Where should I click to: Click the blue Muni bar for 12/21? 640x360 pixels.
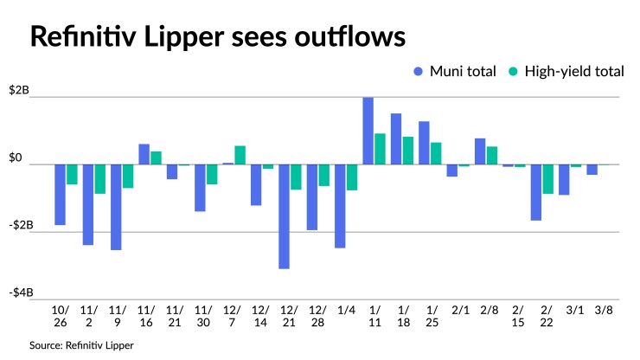284,216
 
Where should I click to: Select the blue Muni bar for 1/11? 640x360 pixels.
368,131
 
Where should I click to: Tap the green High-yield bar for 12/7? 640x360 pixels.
240,155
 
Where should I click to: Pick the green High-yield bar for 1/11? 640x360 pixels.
380,149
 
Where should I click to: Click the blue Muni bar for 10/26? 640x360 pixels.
60,195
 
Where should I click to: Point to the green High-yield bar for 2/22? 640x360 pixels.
548,179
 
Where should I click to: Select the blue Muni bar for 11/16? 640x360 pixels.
144,154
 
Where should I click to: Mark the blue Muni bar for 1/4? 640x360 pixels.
340,206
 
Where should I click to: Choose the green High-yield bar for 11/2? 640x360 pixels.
100,179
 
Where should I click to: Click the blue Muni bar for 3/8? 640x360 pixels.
592,170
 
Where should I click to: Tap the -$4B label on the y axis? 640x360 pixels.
22,292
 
